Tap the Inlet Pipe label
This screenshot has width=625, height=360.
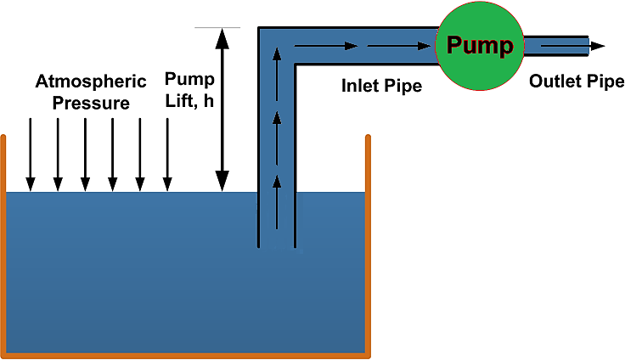coord(381,86)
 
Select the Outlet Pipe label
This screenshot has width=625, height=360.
coord(577,82)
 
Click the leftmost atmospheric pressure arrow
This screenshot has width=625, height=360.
coord(31,154)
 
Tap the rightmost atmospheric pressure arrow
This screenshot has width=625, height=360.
coord(167,154)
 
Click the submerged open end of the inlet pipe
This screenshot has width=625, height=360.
coord(277,245)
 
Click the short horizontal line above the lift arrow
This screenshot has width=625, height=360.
coord(217,28)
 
